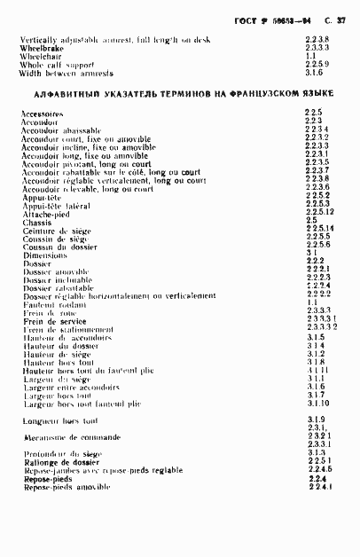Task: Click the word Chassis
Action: (x=36, y=223)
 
